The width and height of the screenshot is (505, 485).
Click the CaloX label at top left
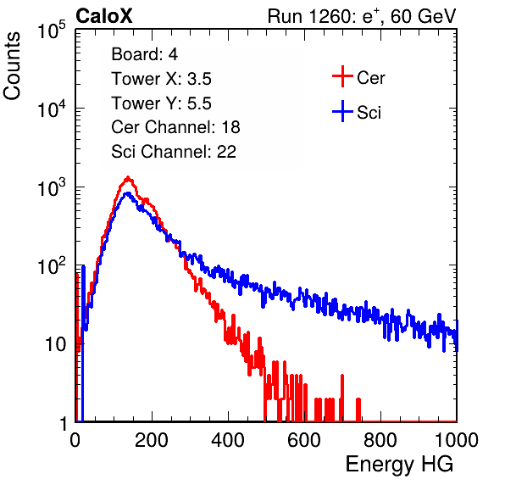104,16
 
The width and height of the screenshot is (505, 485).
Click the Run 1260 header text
362,16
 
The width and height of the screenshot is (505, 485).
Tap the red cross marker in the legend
342,76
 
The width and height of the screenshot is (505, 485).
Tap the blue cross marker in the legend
342,111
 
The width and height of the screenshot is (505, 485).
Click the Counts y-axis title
12,66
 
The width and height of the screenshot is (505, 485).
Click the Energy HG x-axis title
399,465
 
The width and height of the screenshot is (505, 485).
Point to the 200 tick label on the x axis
152,440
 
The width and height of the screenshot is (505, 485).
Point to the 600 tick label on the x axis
304,440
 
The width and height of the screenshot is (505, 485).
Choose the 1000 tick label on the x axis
457,440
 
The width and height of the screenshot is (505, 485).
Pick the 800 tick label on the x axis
380,440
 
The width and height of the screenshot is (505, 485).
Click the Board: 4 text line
144,54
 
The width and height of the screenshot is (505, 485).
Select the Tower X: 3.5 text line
161,79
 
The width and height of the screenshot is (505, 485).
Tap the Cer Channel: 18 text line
175,127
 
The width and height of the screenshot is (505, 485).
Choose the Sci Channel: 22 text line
174,152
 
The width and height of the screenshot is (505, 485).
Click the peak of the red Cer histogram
128,177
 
